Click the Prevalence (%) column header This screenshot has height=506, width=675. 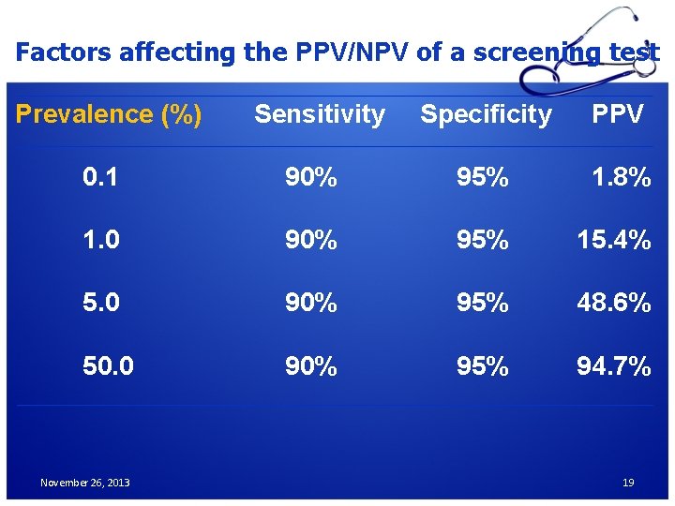(109, 114)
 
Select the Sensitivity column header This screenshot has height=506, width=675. (320, 114)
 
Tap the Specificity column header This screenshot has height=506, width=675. (486, 114)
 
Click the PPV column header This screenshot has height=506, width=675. (617, 114)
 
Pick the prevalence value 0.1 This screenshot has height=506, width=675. (100, 177)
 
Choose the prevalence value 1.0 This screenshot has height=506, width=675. (100, 240)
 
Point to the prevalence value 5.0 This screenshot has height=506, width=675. (100, 303)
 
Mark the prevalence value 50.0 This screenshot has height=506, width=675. (108, 365)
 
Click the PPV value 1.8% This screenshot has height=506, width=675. (621, 177)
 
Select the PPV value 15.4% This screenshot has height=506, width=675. (613, 240)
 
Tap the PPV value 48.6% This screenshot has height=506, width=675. (613, 303)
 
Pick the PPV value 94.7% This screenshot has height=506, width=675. (613, 365)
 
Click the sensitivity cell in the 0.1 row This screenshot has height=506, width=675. (311, 177)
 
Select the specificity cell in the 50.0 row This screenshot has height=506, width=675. (483, 365)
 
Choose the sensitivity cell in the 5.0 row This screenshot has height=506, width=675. (311, 303)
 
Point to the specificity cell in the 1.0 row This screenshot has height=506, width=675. (483, 240)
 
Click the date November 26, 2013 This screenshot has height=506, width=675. (85, 483)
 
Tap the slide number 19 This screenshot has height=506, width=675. (628, 483)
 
